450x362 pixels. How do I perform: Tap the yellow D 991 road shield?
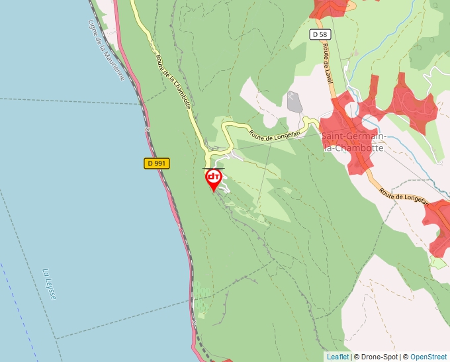(x=157, y=163)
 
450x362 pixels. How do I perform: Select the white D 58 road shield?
(x=319, y=34)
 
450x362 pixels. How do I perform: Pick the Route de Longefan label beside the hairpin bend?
(x=275, y=134)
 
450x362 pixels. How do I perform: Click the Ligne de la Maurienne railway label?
(x=106, y=50)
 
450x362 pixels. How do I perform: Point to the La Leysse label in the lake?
(x=49, y=283)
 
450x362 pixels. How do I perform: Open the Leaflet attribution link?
(x=337, y=357)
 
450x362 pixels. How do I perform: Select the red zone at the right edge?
(x=440, y=228)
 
